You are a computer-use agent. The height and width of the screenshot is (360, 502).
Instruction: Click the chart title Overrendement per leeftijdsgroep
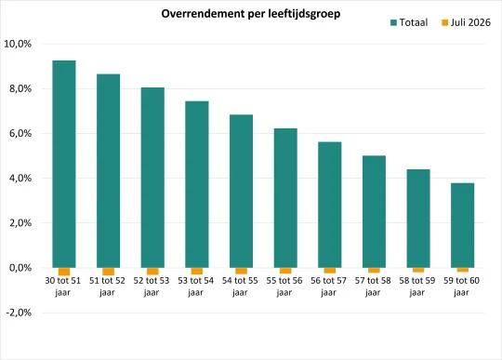pos(251,14)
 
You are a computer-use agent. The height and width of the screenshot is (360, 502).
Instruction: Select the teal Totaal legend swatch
pos(393,22)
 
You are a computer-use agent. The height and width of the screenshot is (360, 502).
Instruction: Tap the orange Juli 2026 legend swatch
pos(444,22)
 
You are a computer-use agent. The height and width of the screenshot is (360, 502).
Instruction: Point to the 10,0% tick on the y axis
pos(18,44)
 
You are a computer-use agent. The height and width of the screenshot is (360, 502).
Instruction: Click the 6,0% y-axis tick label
pos(20,133)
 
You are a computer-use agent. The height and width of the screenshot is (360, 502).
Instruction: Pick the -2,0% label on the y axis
pos(19,313)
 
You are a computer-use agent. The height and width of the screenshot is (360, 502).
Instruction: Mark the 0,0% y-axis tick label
pos(20,267)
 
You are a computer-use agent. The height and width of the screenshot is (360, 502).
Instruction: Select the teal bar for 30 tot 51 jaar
pos(64,164)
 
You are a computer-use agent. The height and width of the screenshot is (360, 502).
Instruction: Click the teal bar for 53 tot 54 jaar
pos(197,184)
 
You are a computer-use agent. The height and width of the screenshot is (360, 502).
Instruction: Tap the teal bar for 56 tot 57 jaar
pos(330,205)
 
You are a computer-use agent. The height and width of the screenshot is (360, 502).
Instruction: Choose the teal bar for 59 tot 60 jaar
pos(463,225)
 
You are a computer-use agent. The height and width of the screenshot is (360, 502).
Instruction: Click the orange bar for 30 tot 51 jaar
pos(64,272)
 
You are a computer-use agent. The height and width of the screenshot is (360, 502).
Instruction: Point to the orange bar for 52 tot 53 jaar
pos(152,272)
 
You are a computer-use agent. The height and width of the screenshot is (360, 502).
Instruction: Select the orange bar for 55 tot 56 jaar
pos(285,271)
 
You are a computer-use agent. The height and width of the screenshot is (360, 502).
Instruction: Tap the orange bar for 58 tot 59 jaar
pos(418,270)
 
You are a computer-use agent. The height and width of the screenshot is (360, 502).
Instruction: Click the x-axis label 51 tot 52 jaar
pos(107,287)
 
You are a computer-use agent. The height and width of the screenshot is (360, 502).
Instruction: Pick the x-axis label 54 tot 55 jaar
pos(240,287)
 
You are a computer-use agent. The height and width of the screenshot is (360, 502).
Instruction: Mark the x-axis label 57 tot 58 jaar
pos(373,287)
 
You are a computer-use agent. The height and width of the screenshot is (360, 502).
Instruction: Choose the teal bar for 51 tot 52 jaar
pos(108,171)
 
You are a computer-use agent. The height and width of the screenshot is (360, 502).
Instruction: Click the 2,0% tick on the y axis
pos(20,223)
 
